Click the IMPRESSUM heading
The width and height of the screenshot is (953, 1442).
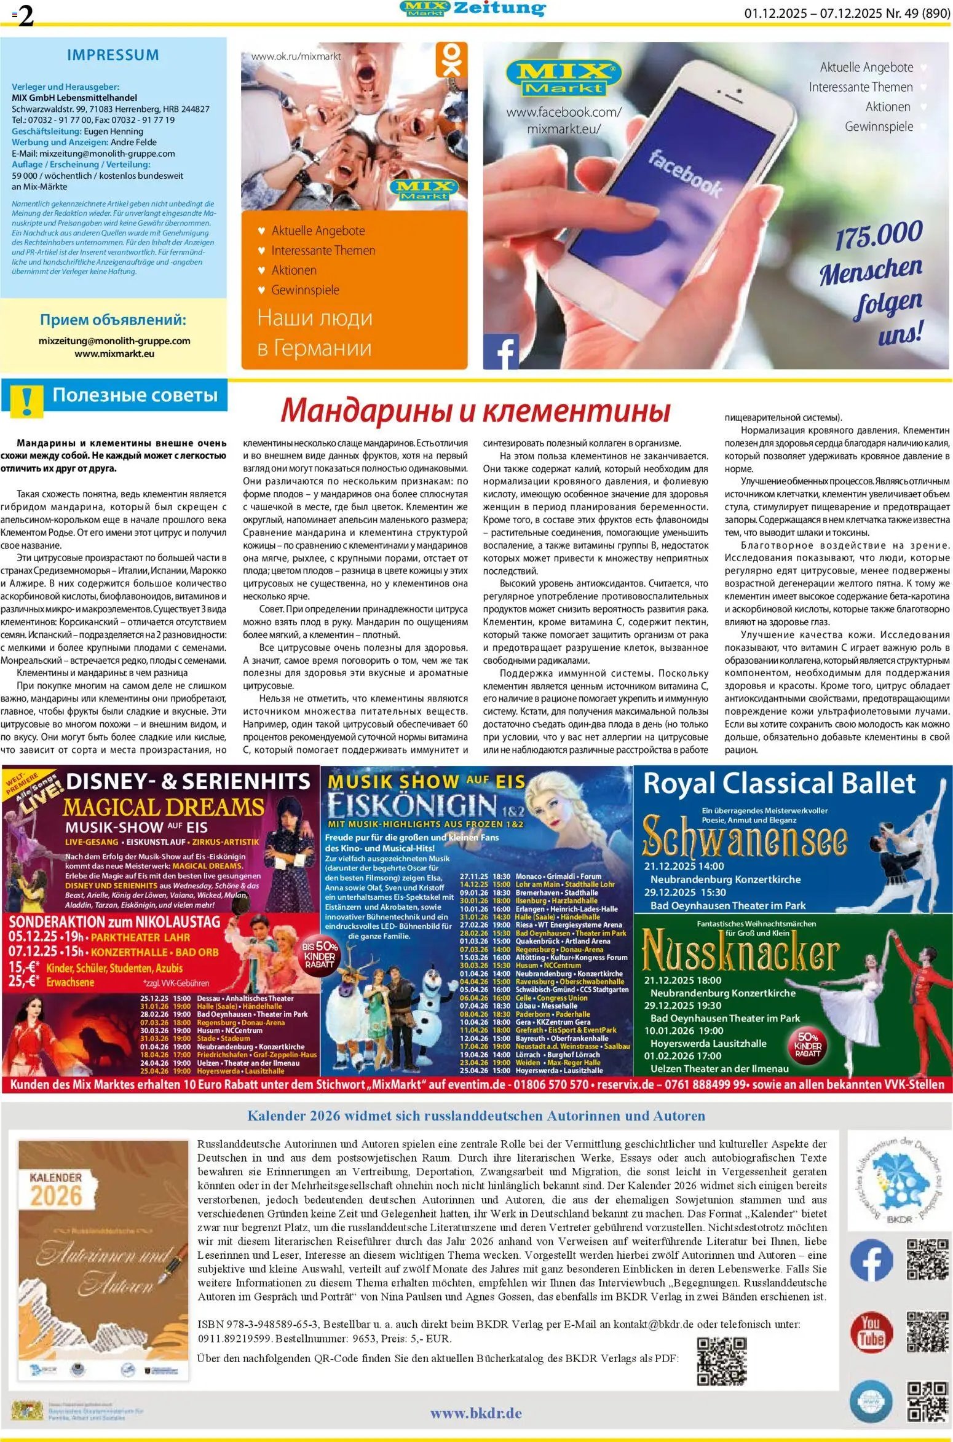pyautogui.click(x=113, y=55)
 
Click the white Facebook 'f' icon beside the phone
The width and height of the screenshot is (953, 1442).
pyautogui.click(x=501, y=352)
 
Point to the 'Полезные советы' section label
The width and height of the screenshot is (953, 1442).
pyautogui.click(x=135, y=395)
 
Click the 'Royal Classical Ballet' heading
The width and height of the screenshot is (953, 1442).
pyautogui.click(x=779, y=783)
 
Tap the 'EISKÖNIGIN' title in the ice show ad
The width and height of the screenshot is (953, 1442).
pyautogui.click(x=412, y=805)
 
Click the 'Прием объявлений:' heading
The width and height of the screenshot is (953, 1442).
pyautogui.click(x=113, y=320)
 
